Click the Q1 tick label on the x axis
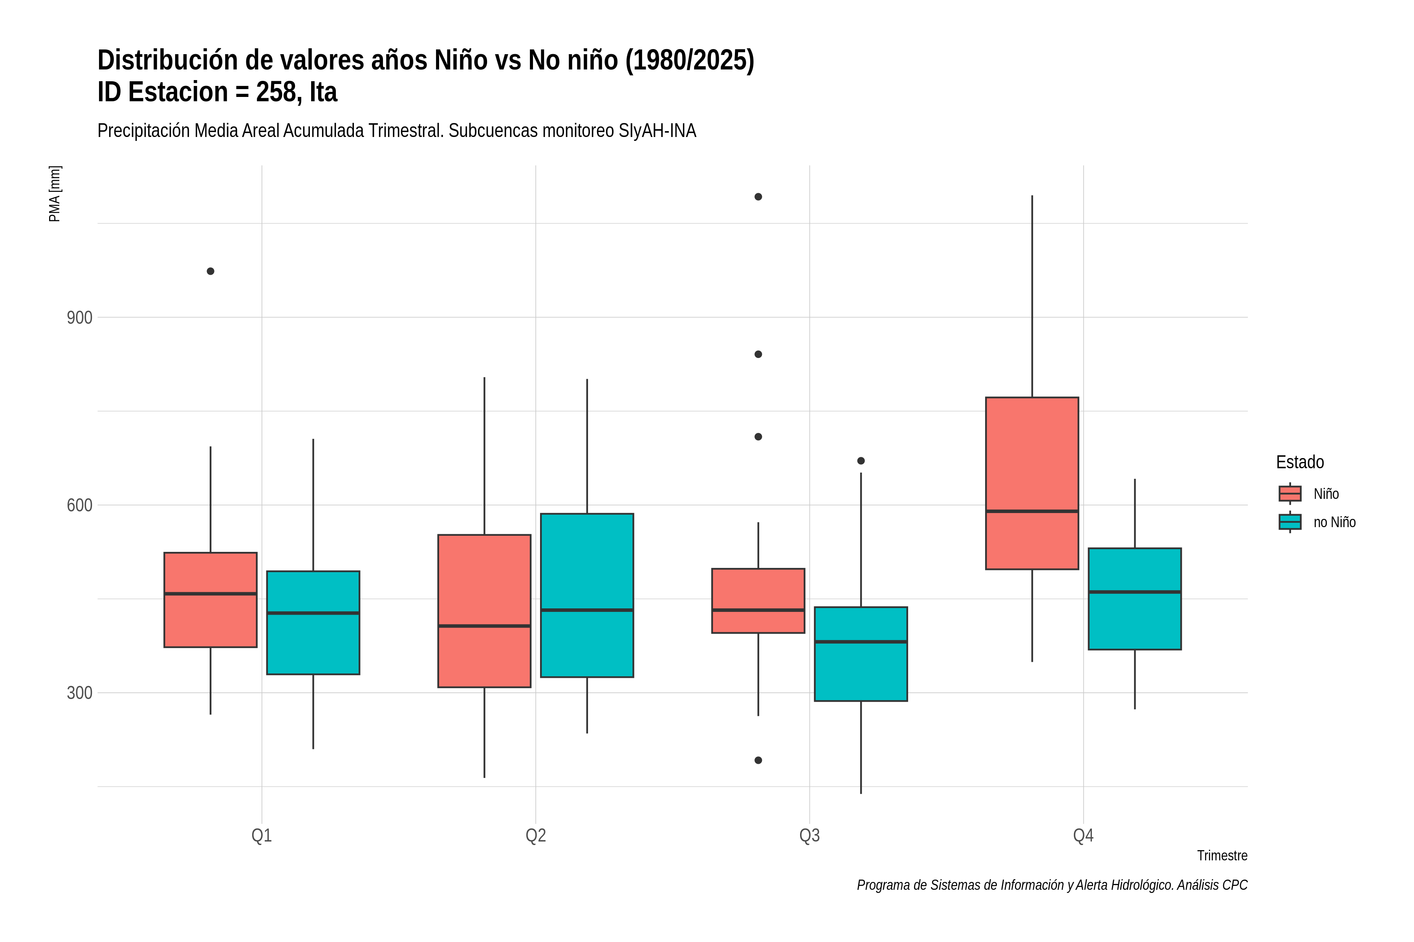262,836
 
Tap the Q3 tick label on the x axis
809,836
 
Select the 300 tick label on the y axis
79,693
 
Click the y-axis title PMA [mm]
55,194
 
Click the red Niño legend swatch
1289,493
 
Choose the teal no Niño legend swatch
1289,522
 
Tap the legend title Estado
1300,462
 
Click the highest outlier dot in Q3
758,197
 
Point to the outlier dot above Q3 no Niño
861,461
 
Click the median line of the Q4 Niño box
1032,511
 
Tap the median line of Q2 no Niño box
587,610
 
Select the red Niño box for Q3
758,601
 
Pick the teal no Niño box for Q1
313,623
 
